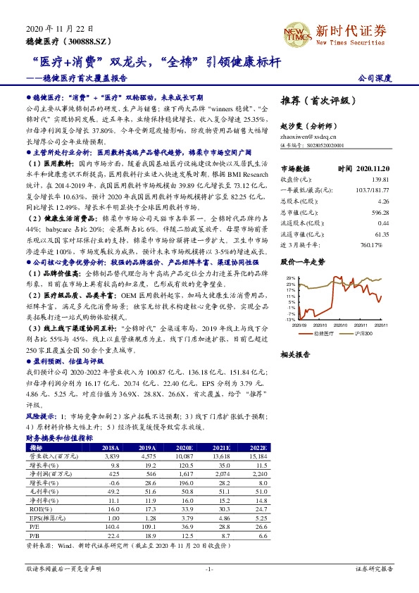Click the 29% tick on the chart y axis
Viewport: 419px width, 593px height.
click(x=288, y=279)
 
